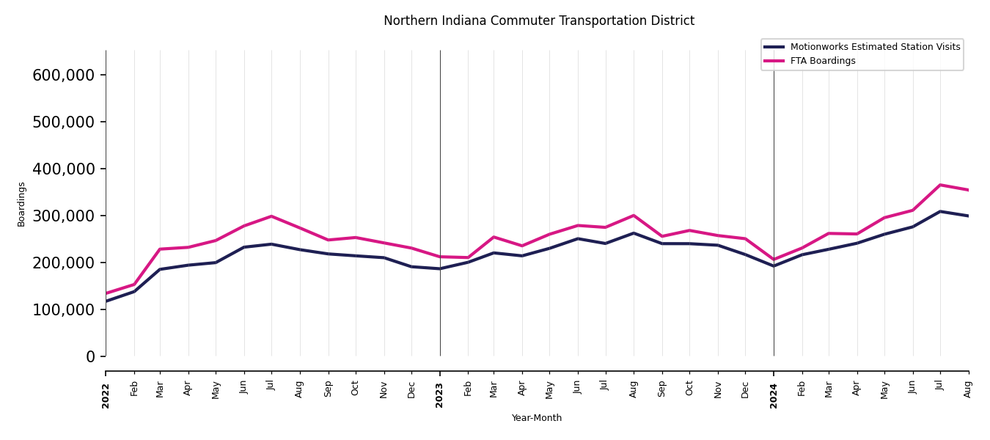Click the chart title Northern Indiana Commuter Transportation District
pos(538,21)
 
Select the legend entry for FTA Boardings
pos(823,61)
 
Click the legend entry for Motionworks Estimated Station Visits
pos(875,47)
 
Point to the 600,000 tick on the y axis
pos(64,75)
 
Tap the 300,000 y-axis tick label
pos(64,216)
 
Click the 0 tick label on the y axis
pos(90,356)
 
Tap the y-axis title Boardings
pos(21,204)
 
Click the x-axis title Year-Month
pos(537,418)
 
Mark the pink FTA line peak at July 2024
pos(940,185)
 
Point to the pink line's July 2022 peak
pos(271,216)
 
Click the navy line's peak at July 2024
pos(940,211)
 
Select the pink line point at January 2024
pos(774,260)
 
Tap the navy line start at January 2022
pos(106,301)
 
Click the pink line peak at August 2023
pos(634,216)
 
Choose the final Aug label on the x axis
pos(968,389)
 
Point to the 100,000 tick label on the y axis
pos(64,309)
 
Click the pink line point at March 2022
pos(160,249)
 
